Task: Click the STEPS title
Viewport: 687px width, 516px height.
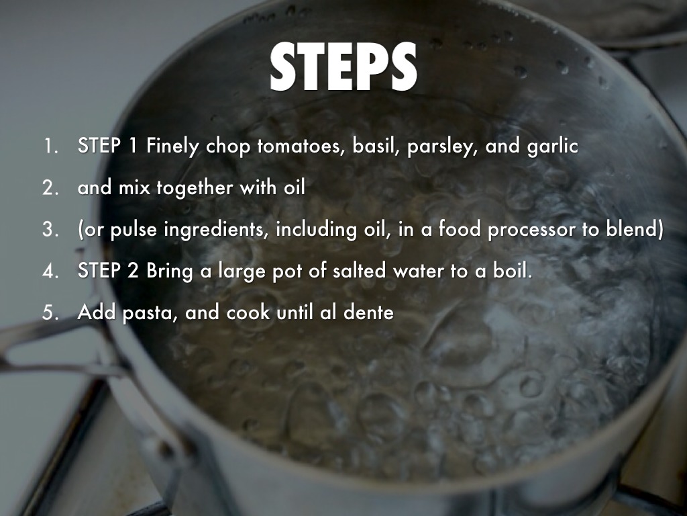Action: click(343, 67)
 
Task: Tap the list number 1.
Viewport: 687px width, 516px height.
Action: click(50, 146)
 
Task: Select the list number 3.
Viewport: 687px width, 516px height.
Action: click(50, 230)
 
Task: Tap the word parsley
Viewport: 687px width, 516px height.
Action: click(442, 146)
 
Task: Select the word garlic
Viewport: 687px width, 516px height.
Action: click(553, 146)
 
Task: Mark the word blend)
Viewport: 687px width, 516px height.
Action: click(635, 230)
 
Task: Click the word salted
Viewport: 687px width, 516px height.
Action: click(360, 271)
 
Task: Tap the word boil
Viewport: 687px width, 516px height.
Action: click(513, 271)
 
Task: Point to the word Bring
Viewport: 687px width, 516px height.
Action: click(170, 271)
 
